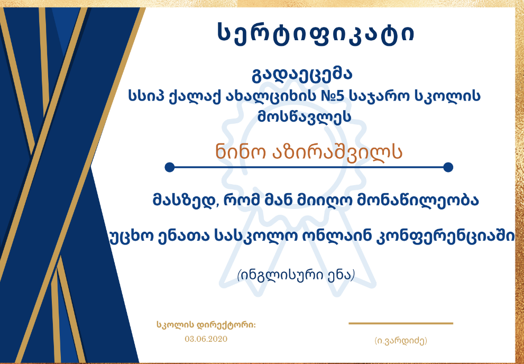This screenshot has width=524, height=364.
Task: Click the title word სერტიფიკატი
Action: pyautogui.click(x=316, y=33)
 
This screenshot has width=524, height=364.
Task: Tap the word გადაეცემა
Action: pyautogui.click(x=302, y=74)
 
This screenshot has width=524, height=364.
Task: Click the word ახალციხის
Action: pyautogui.click(x=266, y=97)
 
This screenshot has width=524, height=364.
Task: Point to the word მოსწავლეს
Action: pyautogui.click(x=304, y=117)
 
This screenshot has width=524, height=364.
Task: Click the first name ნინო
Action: pyautogui.click(x=241, y=152)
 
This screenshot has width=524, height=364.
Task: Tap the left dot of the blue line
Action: pyautogui.click(x=170, y=167)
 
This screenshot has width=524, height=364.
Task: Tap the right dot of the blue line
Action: pyautogui.click(x=448, y=167)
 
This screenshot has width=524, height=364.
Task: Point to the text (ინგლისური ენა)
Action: pyautogui.click(x=296, y=276)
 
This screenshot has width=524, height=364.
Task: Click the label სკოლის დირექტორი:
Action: pyautogui.click(x=206, y=324)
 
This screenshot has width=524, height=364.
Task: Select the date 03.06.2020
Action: pyautogui.click(x=206, y=339)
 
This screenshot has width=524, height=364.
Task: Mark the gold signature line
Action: pyautogui.click(x=401, y=323)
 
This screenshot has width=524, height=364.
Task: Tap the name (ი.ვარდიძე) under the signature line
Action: pyautogui.click(x=401, y=341)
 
